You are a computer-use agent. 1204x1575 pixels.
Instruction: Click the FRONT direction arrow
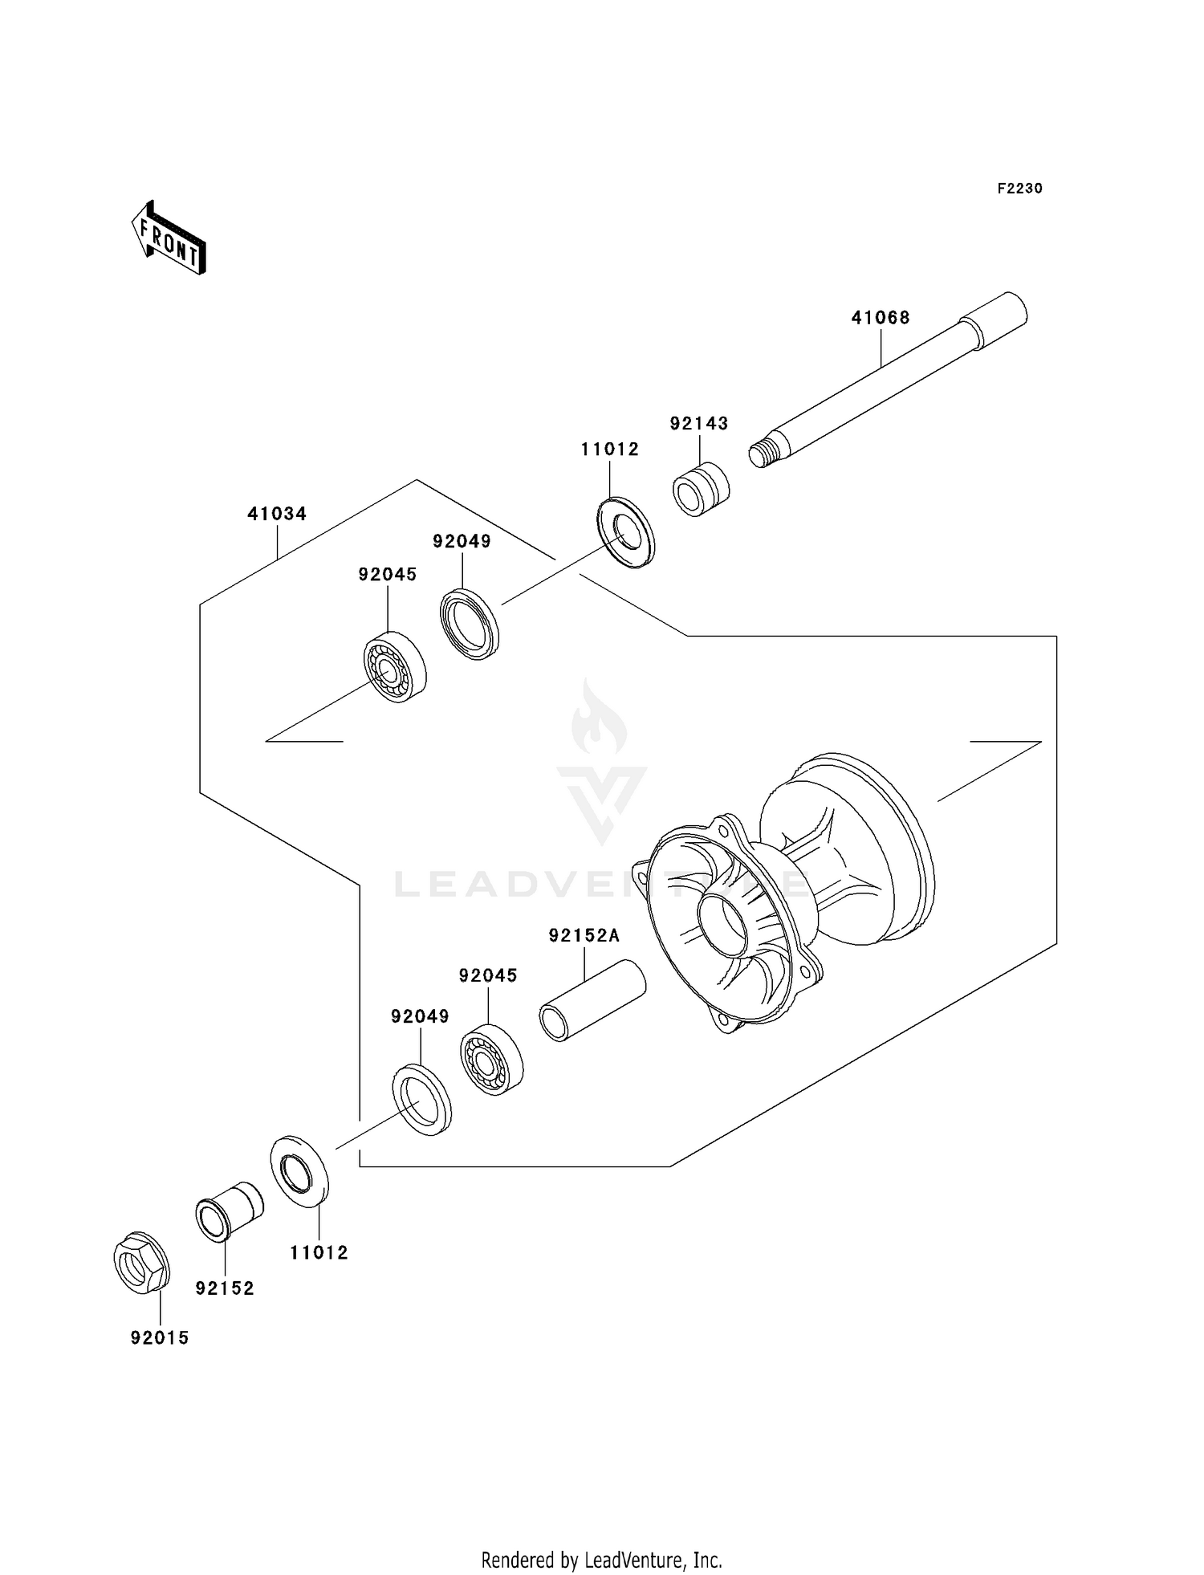[x=169, y=238]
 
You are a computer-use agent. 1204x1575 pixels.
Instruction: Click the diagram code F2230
[x=1019, y=189]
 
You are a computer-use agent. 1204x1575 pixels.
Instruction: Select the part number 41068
[x=881, y=318]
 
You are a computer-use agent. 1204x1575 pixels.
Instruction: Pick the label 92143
[x=699, y=423]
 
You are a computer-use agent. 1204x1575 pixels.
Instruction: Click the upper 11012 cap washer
[x=626, y=533]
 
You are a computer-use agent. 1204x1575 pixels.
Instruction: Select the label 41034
[x=277, y=514]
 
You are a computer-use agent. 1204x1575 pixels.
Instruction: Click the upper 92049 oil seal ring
[x=470, y=625]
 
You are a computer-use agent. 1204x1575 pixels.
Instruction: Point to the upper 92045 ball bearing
[x=394, y=667]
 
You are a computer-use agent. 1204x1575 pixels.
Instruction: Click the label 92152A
[x=584, y=935]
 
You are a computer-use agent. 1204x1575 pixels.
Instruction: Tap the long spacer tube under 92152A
[x=592, y=1000]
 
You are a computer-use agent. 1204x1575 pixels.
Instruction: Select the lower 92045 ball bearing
[x=491, y=1060]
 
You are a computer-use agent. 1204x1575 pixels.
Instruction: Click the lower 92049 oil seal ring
[x=421, y=1099]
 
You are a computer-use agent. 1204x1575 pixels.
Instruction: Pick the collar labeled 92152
[x=230, y=1211]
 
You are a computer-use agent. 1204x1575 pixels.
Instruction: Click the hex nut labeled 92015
[x=141, y=1263]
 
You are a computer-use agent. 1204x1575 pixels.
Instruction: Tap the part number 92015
[x=160, y=1338]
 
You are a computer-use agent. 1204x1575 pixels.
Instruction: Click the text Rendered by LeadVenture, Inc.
[x=601, y=1560]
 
